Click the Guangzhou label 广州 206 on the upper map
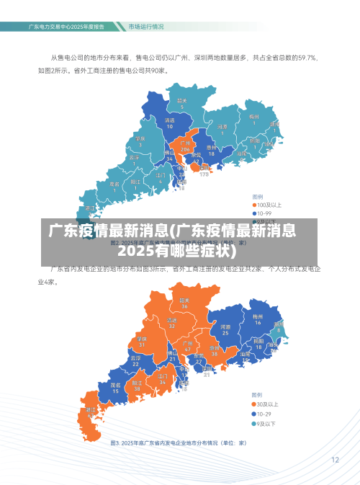[185, 146]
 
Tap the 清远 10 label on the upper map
[169, 123]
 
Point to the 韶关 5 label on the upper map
[182, 104]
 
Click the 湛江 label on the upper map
[91, 208]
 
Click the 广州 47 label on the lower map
[187, 347]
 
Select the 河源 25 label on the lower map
[225, 330]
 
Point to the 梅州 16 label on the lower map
[257, 319]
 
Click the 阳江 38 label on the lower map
[138, 386]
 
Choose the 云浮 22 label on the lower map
[135, 360]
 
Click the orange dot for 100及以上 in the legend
[253, 205]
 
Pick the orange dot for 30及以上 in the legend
[253, 405]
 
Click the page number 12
[335, 459]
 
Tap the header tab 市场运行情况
[145, 27]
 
